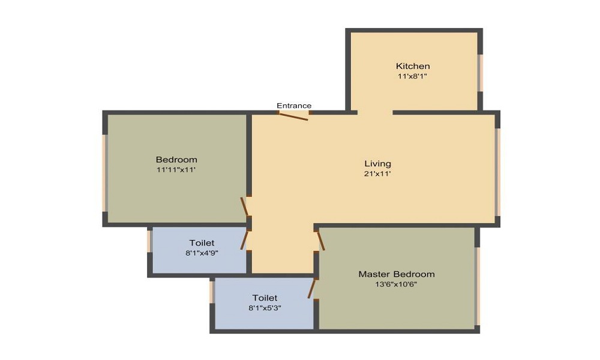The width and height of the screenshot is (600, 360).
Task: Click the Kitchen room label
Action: tap(413, 66)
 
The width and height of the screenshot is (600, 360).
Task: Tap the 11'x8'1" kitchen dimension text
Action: tap(413, 76)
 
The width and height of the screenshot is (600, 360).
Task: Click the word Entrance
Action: tap(294, 106)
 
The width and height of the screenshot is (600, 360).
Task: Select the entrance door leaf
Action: tap(294, 116)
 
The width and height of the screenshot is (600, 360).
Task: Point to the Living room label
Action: tap(378, 163)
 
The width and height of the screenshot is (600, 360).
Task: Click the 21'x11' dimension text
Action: tap(378, 173)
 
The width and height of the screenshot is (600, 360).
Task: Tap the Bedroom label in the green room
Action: tap(176, 160)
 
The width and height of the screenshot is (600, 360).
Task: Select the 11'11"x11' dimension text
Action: tap(176, 170)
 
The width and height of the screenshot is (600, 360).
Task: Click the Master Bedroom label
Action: tap(397, 274)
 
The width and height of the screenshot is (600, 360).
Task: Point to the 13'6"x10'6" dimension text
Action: tap(397, 284)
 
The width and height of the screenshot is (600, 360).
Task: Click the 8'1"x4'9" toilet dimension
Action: tap(202, 253)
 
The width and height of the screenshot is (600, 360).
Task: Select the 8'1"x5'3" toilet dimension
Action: tap(265, 308)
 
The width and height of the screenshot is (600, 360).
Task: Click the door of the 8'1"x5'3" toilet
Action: tap(311, 288)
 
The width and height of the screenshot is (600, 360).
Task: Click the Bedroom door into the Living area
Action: tap(244, 207)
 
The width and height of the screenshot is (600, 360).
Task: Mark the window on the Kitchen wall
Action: tap(480, 73)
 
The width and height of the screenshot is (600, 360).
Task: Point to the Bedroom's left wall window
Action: tap(104, 173)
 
